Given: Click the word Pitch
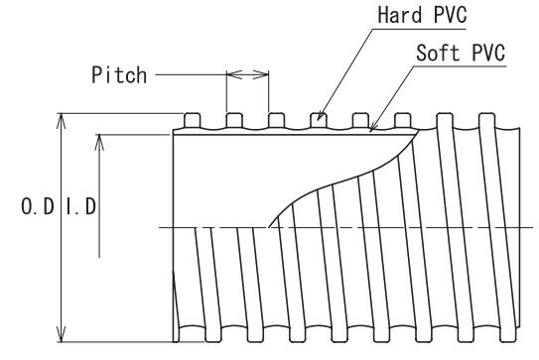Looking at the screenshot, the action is click(x=119, y=75).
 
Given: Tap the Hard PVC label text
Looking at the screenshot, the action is click(x=422, y=15).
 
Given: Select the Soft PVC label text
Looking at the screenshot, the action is click(x=461, y=53).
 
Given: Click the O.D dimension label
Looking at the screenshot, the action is click(x=38, y=206).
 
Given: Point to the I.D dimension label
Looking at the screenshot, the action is click(x=81, y=206).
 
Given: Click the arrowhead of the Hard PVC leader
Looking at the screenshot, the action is click(x=320, y=116).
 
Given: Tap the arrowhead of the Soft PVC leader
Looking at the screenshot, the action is click(x=372, y=128).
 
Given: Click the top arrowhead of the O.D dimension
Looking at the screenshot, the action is click(x=61, y=121).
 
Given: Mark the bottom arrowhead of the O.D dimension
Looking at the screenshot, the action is click(x=61, y=334).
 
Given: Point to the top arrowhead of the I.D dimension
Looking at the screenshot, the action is click(x=99, y=142).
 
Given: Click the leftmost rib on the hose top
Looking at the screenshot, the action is click(x=193, y=120).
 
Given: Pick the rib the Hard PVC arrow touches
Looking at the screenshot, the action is click(x=319, y=120).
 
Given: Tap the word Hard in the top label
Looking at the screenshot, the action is click(x=400, y=15).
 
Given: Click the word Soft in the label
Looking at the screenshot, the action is click(x=438, y=53).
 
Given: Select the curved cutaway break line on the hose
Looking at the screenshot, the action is click(x=343, y=179).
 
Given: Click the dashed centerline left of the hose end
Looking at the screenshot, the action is click(x=166, y=227).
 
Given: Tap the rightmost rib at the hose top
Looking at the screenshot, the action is click(x=486, y=120).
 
